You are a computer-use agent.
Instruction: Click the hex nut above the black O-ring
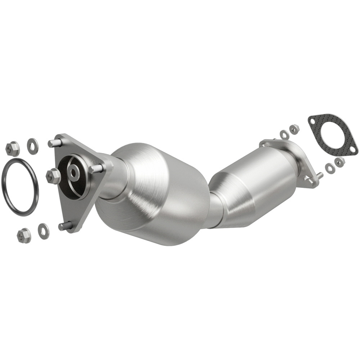click(x=13, y=149)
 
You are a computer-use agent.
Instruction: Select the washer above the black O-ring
click(x=33, y=146)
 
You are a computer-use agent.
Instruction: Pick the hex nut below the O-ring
click(x=24, y=236)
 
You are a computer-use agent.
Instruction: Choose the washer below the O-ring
click(x=44, y=230)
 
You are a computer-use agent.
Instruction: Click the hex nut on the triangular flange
click(x=53, y=176)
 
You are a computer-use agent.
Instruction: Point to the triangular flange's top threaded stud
click(x=54, y=143)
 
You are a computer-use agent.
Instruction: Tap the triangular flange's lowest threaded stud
click(x=65, y=226)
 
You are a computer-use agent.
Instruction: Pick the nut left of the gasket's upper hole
click(x=294, y=129)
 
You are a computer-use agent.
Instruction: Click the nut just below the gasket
click(x=339, y=162)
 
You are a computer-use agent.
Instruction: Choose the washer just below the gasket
click(x=329, y=167)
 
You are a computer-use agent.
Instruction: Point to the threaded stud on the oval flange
click(x=318, y=175)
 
